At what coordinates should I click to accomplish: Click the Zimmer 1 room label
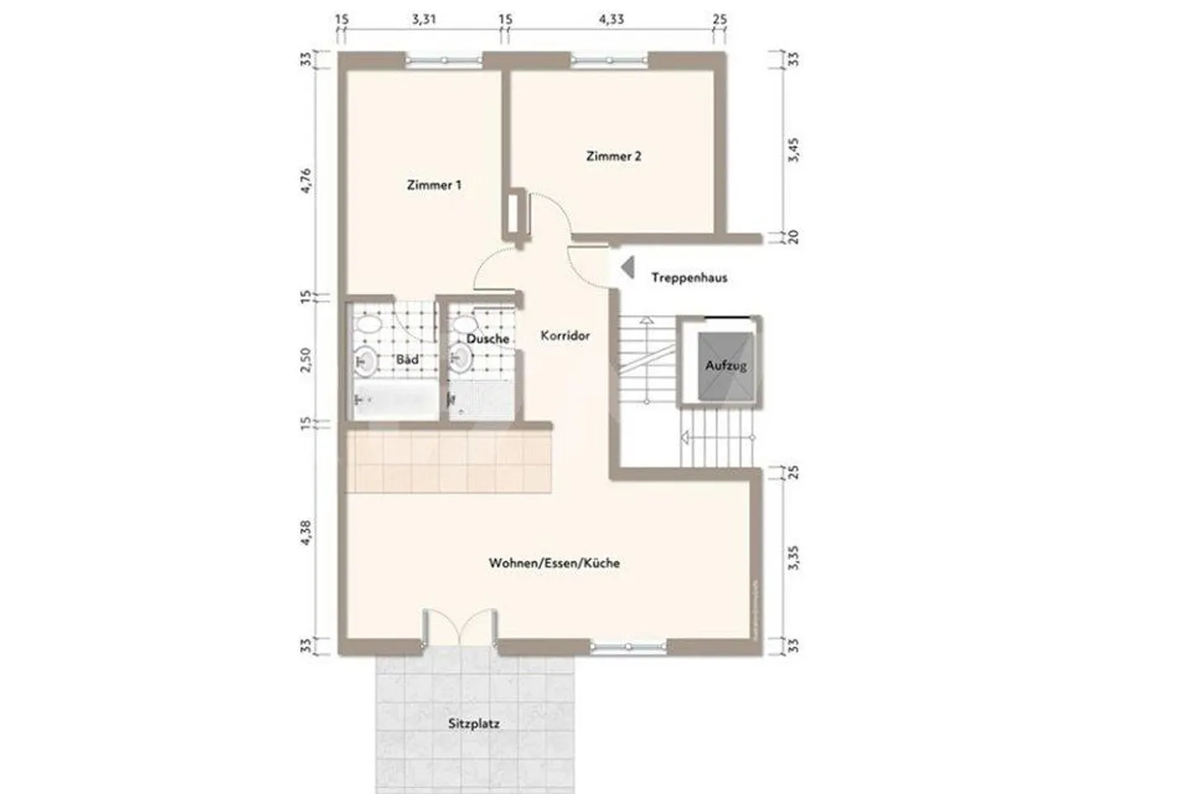click(x=434, y=185)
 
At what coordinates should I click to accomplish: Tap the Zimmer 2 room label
click(x=613, y=155)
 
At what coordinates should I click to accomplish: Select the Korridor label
click(x=565, y=335)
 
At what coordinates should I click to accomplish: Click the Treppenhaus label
click(x=689, y=277)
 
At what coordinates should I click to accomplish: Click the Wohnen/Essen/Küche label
click(x=554, y=562)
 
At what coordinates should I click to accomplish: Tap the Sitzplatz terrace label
click(x=474, y=723)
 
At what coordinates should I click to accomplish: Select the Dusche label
click(x=488, y=338)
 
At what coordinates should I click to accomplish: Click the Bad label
click(x=407, y=360)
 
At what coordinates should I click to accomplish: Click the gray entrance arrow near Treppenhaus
click(x=627, y=266)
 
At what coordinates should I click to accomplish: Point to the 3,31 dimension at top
click(x=424, y=19)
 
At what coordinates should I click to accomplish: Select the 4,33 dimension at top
click(x=612, y=19)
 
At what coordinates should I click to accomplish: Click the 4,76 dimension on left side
click(x=306, y=180)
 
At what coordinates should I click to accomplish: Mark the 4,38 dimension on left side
click(x=306, y=533)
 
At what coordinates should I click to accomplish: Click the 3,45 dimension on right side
click(x=793, y=150)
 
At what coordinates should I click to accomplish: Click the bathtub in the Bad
click(x=394, y=402)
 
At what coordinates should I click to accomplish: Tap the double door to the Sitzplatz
click(x=459, y=629)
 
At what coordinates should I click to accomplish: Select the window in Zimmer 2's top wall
click(x=611, y=59)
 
